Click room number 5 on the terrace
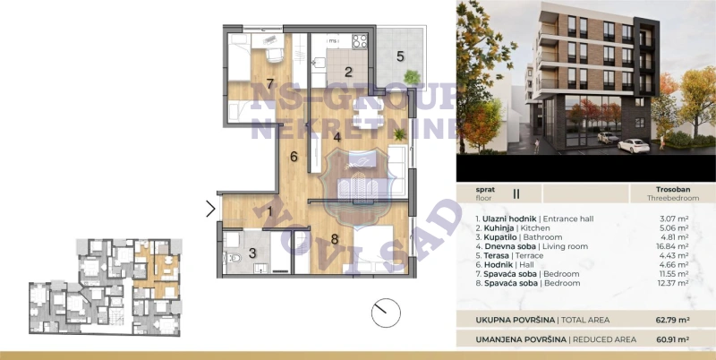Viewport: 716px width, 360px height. click(x=400, y=56)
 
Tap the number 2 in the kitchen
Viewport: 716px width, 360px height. click(x=348, y=72)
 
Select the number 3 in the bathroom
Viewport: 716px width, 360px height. click(x=252, y=253)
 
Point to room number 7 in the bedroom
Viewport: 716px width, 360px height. click(x=270, y=84)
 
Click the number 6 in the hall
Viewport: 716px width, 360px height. click(x=294, y=157)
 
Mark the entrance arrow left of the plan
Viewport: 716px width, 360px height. click(x=211, y=209)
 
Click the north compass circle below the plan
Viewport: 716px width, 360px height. click(x=386, y=313)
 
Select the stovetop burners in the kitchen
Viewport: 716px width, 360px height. click(x=360, y=41)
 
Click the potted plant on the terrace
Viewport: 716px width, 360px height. click(x=412, y=77)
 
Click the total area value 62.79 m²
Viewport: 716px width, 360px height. click(x=672, y=320)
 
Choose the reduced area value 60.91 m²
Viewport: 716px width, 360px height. click(x=672, y=339)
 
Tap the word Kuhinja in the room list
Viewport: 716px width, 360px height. click(x=498, y=228)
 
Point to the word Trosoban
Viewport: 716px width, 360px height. click(x=673, y=189)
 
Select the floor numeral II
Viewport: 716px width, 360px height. click(x=516, y=193)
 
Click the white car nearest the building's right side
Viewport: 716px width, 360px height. click(x=634, y=146)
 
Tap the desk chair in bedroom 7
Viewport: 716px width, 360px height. click(x=275, y=55)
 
